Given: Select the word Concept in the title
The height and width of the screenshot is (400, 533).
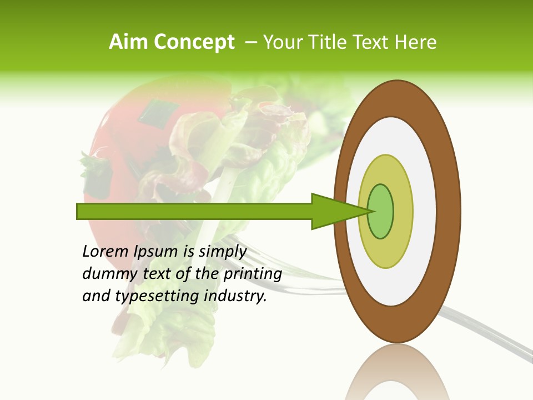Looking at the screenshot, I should [194, 43].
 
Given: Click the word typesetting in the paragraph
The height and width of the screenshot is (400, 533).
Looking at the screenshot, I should [158, 296].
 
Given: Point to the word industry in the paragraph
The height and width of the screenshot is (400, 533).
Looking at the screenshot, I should [235, 296].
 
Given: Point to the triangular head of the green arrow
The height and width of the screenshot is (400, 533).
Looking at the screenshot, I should [333, 211].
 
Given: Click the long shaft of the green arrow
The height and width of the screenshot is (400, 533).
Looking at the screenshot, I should [194, 211].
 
